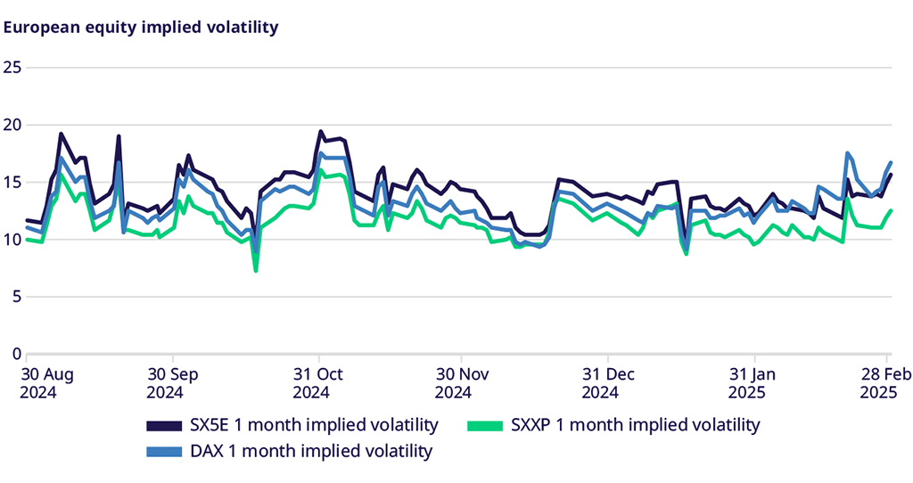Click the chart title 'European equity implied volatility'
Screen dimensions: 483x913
[142, 28]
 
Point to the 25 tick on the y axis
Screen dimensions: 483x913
[12, 68]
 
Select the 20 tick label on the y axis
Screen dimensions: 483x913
[12, 125]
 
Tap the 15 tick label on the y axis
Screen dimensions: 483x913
[12, 182]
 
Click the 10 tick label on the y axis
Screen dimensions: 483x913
[12, 239]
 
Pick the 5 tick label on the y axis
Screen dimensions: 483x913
[16, 297]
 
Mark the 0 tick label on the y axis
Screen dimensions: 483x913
[16, 354]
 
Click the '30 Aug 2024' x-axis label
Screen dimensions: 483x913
[49, 381]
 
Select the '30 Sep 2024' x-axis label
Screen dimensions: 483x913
[171, 381]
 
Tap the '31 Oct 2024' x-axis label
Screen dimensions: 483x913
[317, 381]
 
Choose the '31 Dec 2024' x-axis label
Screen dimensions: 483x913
[607, 381]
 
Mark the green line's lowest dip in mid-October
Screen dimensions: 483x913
[256, 270]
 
